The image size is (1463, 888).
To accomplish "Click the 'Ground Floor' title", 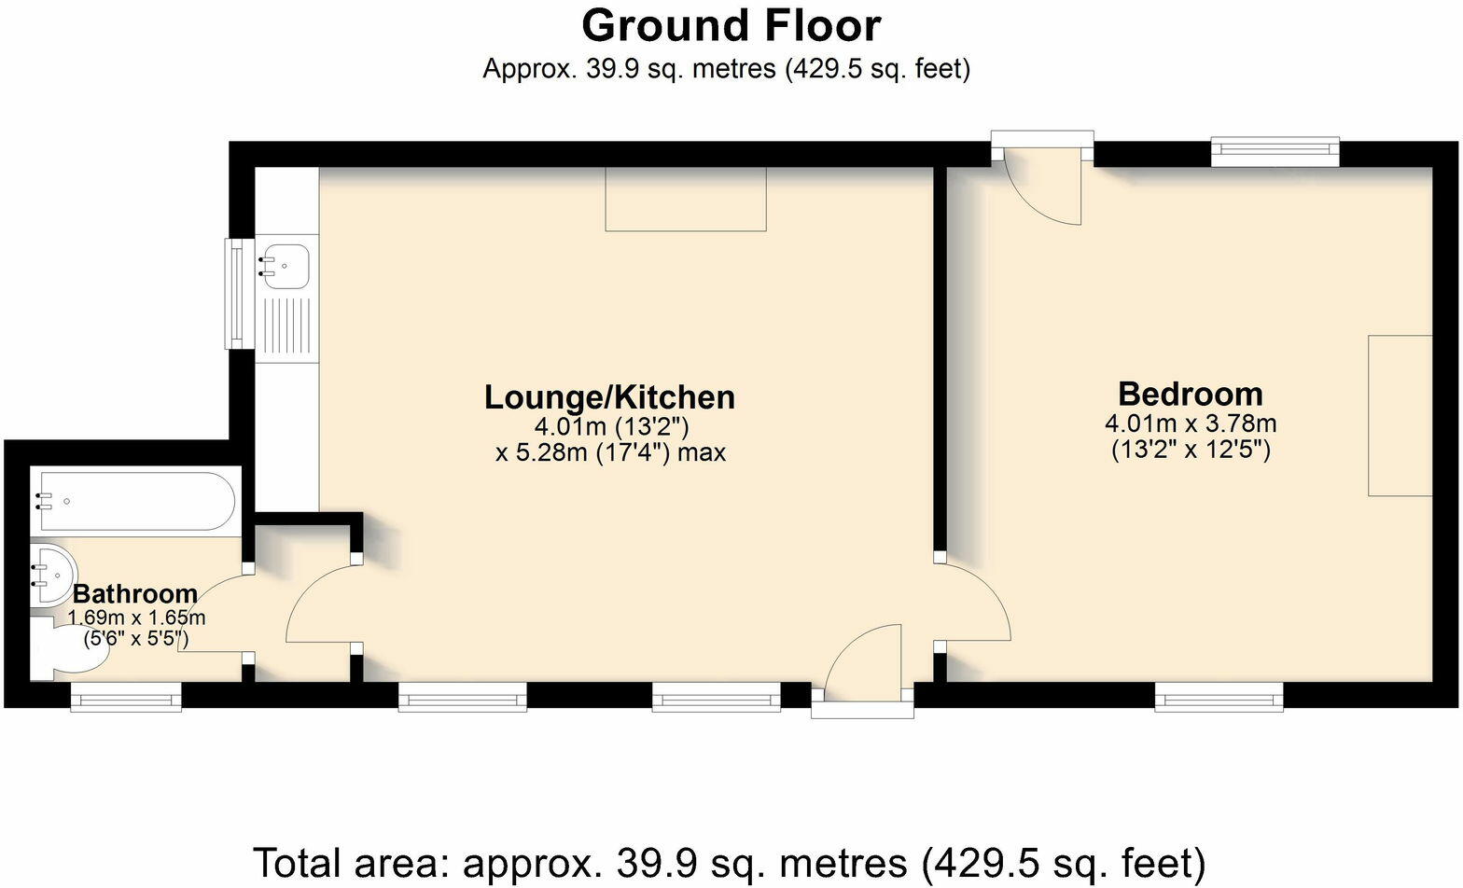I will tap(731, 26).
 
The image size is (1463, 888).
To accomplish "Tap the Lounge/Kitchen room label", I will tap(609, 397).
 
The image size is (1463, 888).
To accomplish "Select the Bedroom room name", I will tap(1191, 393).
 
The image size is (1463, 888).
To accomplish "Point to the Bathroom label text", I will tap(135, 593).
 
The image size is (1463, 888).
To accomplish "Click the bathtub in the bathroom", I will tap(135, 501).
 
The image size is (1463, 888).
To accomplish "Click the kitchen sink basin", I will tap(286, 265).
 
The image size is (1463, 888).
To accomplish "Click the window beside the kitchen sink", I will tap(238, 293).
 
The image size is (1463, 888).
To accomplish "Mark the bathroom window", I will tap(126, 697).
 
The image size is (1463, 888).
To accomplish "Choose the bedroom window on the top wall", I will tap(1275, 151).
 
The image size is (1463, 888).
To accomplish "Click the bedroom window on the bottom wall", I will tap(1219, 697).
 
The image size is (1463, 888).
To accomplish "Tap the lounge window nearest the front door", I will tap(716, 697).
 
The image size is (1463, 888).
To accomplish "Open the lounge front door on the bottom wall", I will tap(862, 667).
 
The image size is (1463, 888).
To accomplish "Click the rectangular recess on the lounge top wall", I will tap(686, 199).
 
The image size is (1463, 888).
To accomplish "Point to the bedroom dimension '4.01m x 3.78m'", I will tap(1191, 423).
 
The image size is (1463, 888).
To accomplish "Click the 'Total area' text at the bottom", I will tap(729, 861).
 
